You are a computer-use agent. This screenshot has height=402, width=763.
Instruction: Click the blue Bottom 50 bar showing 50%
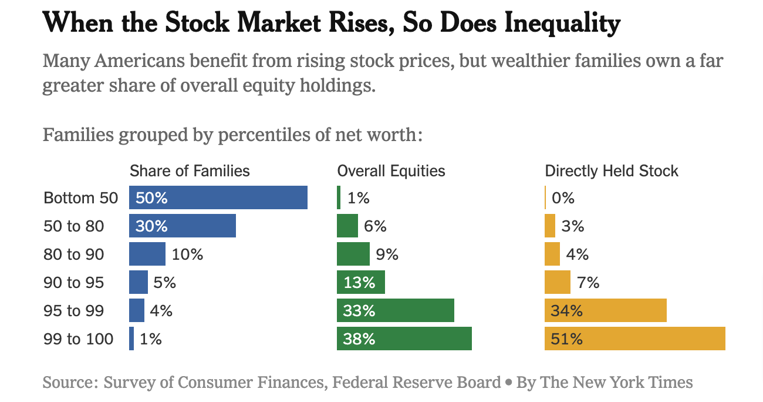218,197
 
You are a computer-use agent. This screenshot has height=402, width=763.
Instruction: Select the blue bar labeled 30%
183,226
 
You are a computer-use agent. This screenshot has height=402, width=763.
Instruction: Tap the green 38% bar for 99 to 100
404,339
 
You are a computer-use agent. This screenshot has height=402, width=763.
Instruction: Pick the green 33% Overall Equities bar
396,310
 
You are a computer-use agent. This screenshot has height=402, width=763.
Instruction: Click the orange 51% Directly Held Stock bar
635,339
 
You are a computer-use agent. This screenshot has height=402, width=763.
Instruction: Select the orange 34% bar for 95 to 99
606,310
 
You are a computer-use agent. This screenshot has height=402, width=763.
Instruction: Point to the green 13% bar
361,282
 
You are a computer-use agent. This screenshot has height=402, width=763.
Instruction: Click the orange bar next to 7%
558,282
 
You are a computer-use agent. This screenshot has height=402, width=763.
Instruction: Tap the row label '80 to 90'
74,254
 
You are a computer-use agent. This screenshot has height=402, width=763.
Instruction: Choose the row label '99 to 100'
79,339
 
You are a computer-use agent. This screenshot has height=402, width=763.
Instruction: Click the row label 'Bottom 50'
81,198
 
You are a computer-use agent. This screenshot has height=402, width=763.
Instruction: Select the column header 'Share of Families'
190,171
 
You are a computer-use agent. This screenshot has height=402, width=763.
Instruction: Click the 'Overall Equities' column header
391,171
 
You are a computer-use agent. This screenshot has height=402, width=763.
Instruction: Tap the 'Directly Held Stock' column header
612,171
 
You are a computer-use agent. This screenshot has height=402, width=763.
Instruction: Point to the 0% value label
563,198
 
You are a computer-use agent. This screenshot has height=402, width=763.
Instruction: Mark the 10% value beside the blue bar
187,254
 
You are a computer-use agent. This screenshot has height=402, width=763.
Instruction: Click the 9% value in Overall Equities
387,254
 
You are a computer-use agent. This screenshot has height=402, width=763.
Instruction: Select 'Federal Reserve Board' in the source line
416,383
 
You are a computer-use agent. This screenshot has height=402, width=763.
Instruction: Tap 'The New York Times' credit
616,383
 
